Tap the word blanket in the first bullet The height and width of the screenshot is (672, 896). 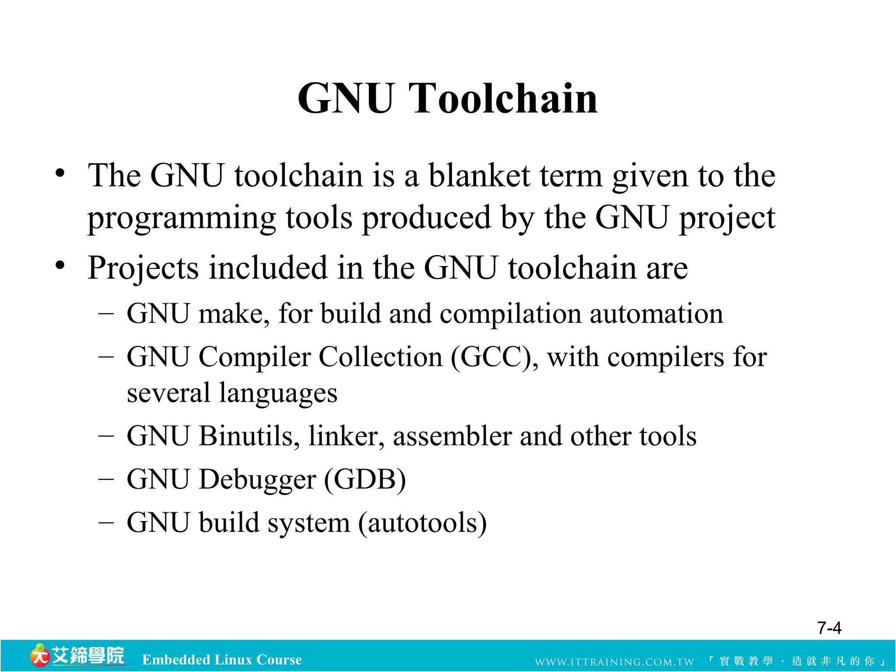[x=479, y=176]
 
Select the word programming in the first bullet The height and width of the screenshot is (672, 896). [x=182, y=219]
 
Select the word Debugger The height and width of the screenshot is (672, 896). [x=257, y=480]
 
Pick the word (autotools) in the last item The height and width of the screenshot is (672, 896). [x=422, y=523]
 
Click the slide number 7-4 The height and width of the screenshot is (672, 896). [x=829, y=628]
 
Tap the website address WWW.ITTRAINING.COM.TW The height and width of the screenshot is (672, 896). [x=614, y=661]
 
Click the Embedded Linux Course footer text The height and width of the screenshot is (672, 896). [x=222, y=660]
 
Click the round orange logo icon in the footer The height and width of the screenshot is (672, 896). [x=39, y=656]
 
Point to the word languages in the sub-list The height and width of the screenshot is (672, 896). [x=278, y=393]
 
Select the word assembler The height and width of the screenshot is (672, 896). [x=452, y=436]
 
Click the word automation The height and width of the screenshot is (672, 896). [x=656, y=314]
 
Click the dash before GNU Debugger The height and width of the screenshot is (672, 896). [x=106, y=479]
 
